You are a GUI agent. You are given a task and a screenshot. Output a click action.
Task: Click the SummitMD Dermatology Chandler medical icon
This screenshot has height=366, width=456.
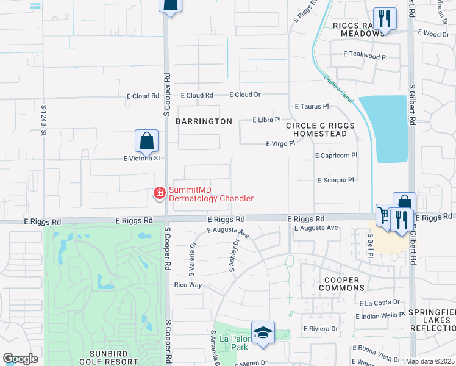tap(160, 193)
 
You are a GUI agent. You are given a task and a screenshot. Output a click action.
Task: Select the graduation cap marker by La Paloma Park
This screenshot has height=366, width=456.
tap(263, 332)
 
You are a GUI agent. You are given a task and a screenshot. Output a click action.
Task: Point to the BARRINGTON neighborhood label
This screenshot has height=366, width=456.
tap(204, 121)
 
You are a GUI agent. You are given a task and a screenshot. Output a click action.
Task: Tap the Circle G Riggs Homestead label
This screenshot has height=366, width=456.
tap(319, 129)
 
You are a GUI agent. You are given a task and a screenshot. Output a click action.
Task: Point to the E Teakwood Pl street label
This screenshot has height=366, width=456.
tap(365, 56)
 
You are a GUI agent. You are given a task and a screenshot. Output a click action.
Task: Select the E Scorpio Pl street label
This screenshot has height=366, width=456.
tap(335, 180)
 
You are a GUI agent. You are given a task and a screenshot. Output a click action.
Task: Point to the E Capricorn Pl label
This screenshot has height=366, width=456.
tap(336, 156)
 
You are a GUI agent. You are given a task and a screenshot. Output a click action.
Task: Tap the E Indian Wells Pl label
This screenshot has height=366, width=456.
tap(380, 315)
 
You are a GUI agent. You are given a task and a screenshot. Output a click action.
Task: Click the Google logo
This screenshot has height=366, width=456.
tap(20, 359)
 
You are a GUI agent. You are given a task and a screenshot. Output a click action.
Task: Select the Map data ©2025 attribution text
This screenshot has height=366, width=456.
tap(430, 361)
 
